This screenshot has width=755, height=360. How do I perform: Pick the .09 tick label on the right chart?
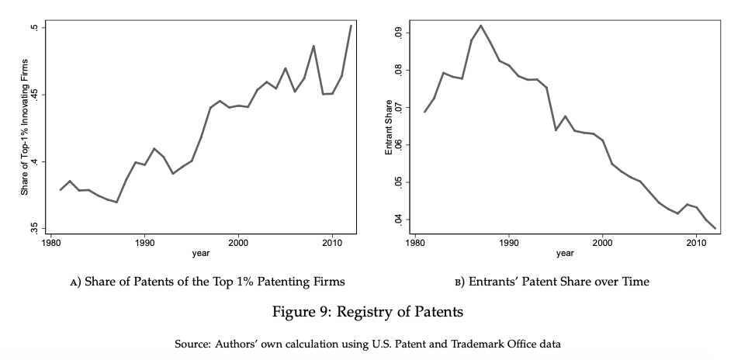pos(397,33)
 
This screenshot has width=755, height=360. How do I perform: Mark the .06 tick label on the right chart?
pos(397,145)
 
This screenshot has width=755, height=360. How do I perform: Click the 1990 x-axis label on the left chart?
pos(144,242)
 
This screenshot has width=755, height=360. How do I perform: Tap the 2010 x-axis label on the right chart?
pos(696,242)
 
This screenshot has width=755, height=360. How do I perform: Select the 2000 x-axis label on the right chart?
pos(602,242)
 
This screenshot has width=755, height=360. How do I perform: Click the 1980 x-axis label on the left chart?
pos(51,242)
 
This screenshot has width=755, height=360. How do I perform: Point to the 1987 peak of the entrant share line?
pos(481,26)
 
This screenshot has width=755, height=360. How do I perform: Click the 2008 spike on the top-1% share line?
pos(313,46)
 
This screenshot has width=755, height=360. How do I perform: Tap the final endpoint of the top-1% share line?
pos(351,26)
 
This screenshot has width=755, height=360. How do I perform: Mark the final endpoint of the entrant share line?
pos(715,228)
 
